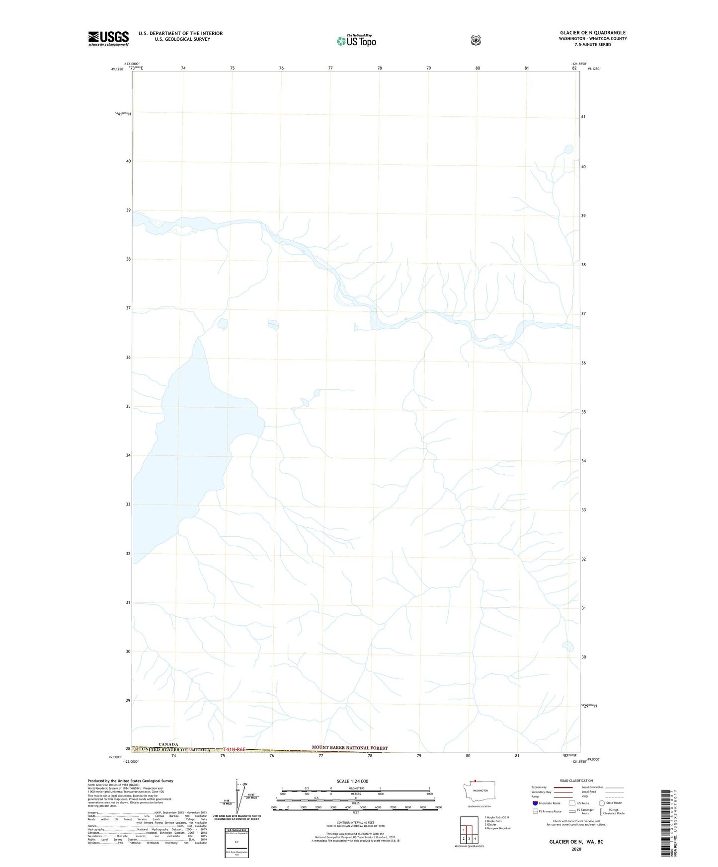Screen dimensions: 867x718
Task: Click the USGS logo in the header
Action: click(108, 38)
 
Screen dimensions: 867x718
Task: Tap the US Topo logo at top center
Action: click(356, 41)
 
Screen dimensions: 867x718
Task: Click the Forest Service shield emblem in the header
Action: click(476, 40)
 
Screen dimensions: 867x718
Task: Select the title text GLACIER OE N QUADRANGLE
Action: click(592, 33)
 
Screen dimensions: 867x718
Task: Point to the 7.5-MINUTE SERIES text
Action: click(593, 45)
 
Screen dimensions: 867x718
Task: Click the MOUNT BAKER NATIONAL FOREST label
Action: click(349, 747)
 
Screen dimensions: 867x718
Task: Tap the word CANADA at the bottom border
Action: click(168, 744)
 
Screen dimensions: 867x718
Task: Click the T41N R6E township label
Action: click(235, 749)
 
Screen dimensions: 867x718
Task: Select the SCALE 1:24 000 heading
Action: click(352, 781)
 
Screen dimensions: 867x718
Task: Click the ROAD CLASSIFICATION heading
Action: click(576, 781)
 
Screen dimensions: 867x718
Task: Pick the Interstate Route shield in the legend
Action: click(535, 803)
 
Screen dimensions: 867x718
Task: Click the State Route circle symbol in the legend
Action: click(602, 803)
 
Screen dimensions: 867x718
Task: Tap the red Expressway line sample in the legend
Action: click(563, 787)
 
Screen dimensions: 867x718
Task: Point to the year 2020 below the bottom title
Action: click(576, 849)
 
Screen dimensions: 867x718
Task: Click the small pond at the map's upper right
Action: click(568, 148)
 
